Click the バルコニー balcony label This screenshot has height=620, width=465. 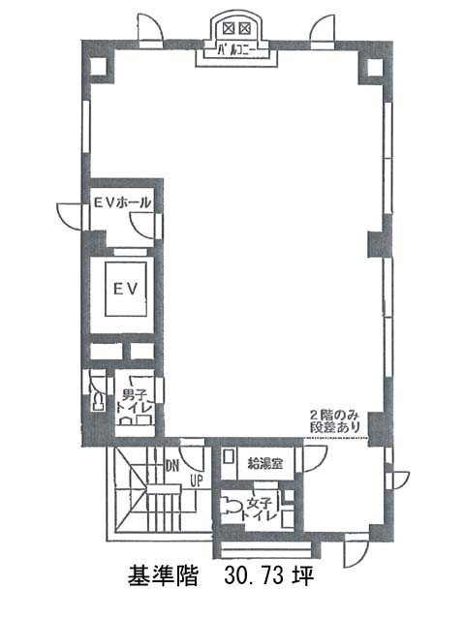[236, 50]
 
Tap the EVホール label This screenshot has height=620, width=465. [122, 202]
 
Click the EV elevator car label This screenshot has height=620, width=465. [126, 289]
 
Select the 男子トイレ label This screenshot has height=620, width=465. [134, 401]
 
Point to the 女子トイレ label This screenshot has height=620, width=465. [259, 510]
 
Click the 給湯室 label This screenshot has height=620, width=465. [264, 463]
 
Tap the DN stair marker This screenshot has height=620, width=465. [172, 466]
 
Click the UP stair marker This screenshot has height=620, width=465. [197, 480]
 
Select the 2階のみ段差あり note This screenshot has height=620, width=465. [334, 421]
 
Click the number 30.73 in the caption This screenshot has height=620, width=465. [255, 574]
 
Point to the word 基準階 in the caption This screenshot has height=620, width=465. [163, 574]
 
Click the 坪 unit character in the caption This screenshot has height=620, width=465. [303, 574]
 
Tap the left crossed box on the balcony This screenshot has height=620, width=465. [229, 28]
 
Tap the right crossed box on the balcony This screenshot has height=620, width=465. [245, 28]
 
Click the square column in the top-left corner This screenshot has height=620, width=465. [99, 67]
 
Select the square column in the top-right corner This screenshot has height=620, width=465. [375, 68]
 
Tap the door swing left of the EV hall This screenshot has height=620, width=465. [70, 216]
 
